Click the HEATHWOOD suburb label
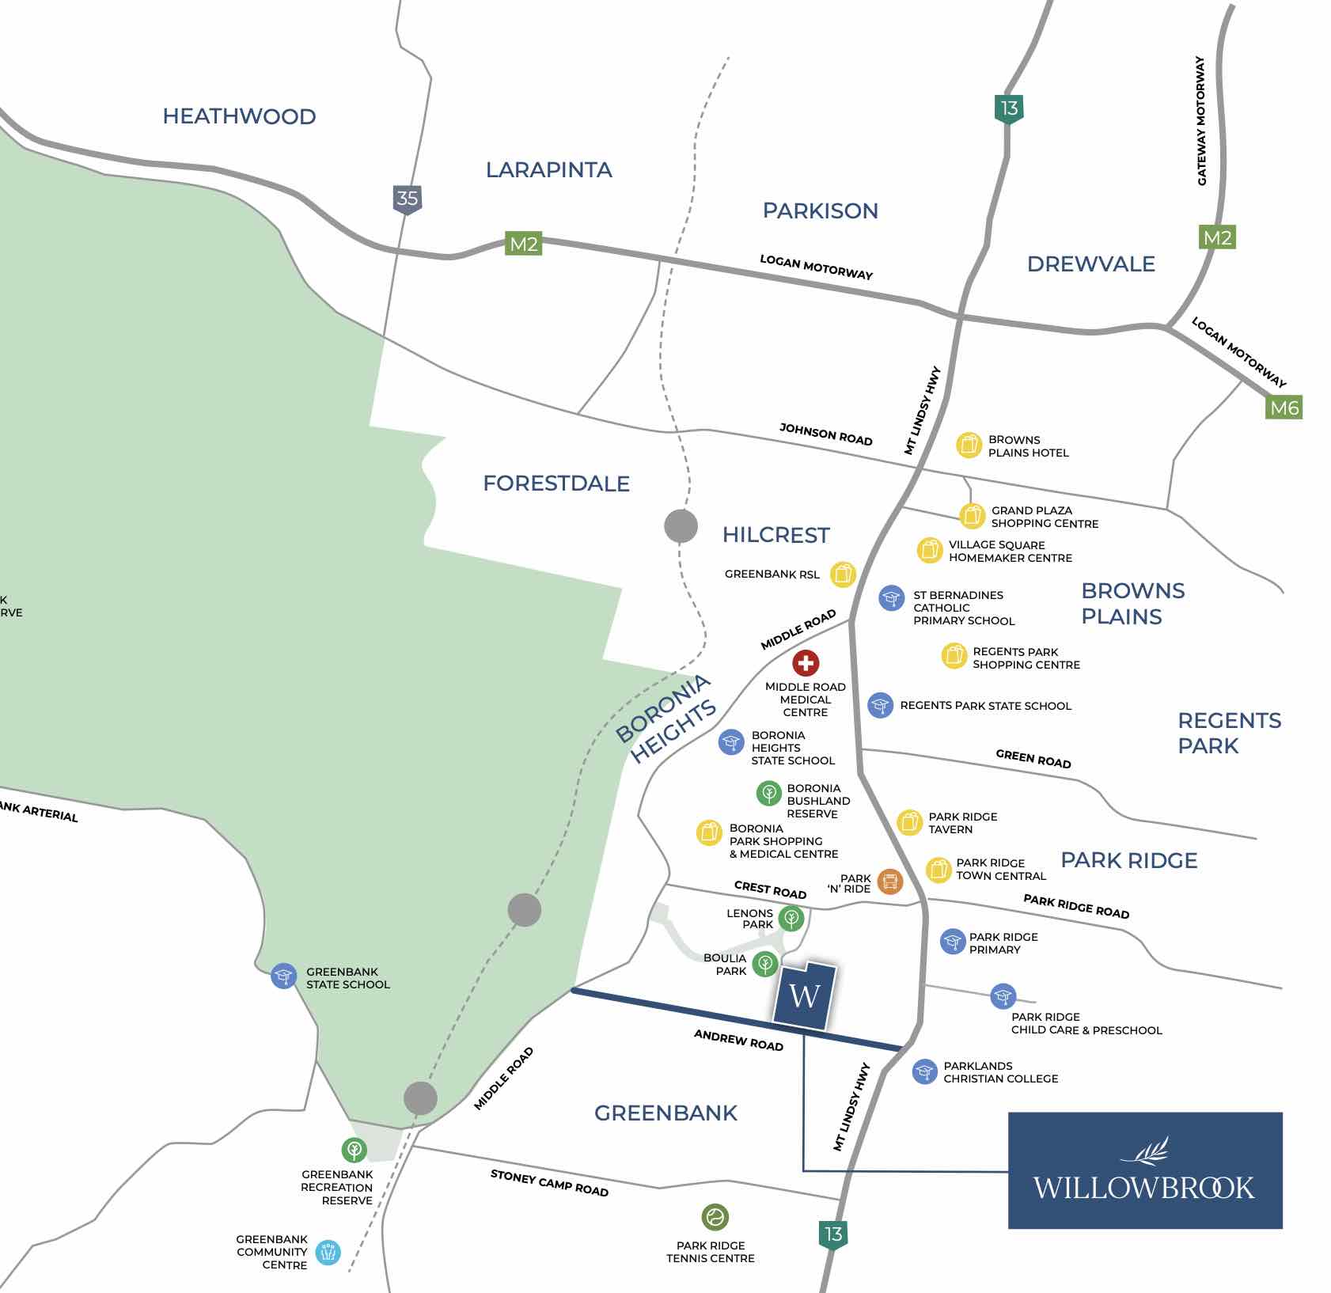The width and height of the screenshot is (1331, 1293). click(239, 116)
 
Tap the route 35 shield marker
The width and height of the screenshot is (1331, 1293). click(407, 199)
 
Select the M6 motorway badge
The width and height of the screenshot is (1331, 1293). click(1284, 408)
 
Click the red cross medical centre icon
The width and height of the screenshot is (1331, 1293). click(806, 663)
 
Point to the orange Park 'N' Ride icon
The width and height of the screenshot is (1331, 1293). click(889, 881)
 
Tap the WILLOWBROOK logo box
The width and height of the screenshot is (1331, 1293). click(1144, 1170)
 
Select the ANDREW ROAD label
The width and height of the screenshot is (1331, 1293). click(738, 1040)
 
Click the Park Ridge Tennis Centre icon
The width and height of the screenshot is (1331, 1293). click(715, 1217)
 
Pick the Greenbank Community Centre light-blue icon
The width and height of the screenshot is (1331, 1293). click(328, 1252)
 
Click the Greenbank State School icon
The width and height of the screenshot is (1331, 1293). click(283, 976)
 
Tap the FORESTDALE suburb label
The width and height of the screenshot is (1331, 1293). click(556, 483)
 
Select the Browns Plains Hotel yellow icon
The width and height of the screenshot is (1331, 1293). click(969, 445)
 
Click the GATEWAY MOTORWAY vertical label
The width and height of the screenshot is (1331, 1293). click(1201, 121)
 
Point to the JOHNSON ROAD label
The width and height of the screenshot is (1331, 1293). click(825, 434)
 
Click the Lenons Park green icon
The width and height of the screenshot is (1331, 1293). click(791, 918)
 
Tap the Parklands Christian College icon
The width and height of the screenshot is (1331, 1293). click(924, 1071)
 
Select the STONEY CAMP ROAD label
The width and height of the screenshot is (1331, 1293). click(549, 1183)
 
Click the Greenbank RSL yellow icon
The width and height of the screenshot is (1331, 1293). click(843, 574)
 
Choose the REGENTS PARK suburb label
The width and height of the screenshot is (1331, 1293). click(1228, 733)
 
